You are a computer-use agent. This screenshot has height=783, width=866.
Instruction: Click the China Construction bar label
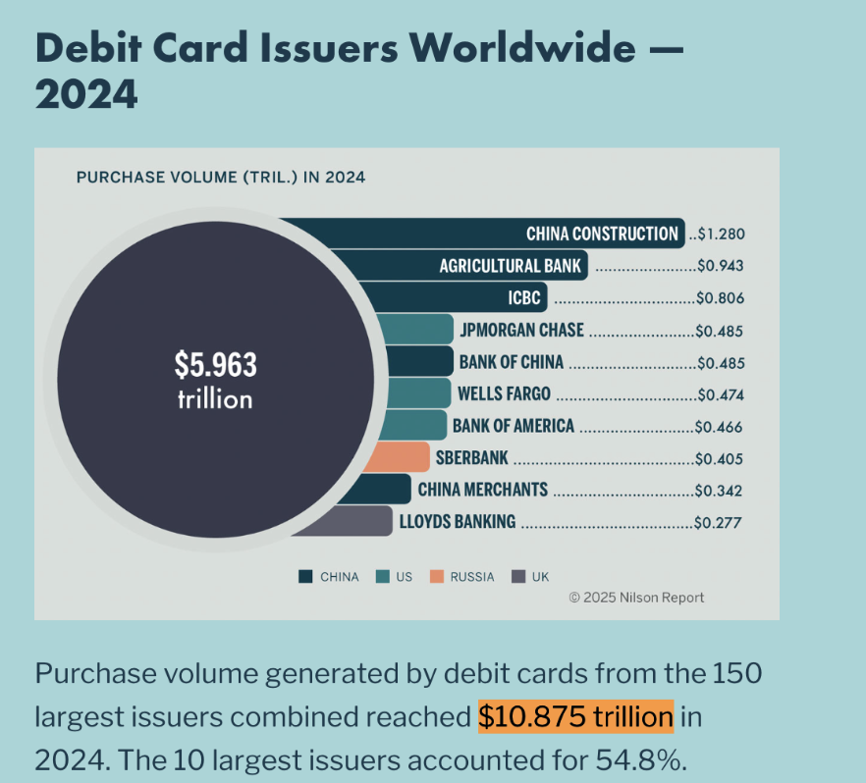602,234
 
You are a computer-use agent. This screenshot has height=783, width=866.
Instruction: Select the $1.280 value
721,235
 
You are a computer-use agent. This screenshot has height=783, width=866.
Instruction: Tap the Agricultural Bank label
510,266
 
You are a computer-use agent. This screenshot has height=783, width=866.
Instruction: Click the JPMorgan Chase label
521,331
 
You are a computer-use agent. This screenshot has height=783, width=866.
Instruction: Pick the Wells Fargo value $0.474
719,394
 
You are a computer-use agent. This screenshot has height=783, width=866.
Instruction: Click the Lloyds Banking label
457,522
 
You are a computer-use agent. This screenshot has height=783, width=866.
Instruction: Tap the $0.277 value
719,523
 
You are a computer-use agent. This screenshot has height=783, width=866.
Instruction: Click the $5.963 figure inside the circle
215,365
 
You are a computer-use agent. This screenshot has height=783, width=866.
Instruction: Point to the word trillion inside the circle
215,399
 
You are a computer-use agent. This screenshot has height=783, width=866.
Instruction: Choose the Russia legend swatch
437,577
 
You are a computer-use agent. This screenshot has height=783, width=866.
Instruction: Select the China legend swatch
305,577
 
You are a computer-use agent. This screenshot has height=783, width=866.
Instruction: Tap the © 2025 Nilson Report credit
636,598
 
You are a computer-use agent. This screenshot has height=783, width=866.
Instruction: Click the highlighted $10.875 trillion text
575,717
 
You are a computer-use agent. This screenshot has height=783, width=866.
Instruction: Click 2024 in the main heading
86,94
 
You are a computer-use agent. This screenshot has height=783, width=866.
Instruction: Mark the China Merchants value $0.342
719,491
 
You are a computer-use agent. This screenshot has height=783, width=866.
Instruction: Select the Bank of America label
513,427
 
